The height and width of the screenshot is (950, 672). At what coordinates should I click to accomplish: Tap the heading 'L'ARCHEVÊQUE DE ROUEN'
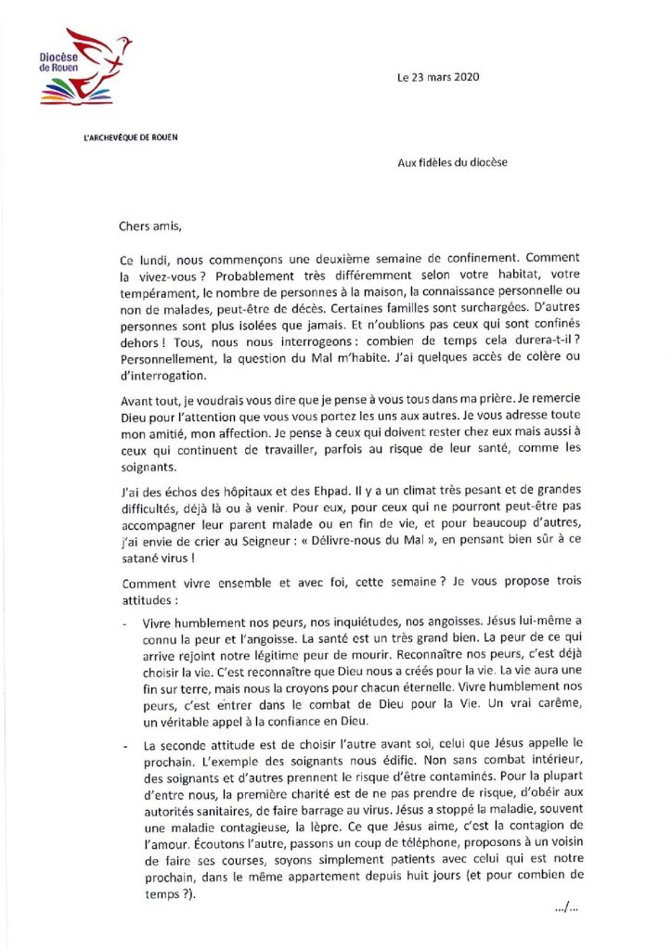[131, 137]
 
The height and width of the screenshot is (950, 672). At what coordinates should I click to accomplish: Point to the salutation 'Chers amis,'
[150, 225]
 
